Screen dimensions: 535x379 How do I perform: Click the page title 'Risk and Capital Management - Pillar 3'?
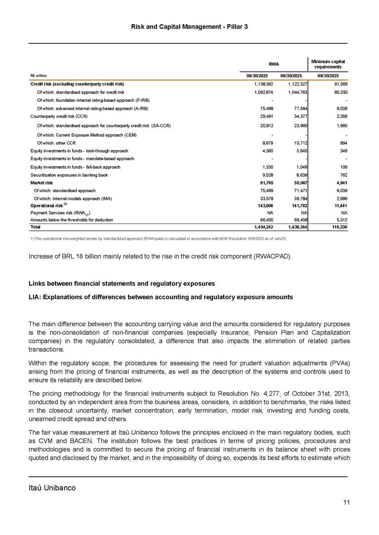point(189,26)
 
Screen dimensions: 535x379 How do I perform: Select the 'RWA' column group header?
point(274,64)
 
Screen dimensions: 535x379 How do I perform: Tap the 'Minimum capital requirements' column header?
point(327,64)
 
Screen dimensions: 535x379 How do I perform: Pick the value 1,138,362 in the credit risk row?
point(257,84)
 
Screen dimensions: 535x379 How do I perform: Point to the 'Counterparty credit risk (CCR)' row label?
point(59,116)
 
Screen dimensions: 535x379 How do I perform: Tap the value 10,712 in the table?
point(298,142)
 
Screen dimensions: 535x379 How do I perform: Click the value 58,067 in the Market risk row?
point(298,182)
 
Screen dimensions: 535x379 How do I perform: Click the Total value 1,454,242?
point(257,227)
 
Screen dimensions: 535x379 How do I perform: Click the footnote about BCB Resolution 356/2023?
point(158,238)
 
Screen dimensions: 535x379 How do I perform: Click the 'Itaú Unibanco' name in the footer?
point(52,488)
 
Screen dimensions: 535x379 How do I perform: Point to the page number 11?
point(346,503)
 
